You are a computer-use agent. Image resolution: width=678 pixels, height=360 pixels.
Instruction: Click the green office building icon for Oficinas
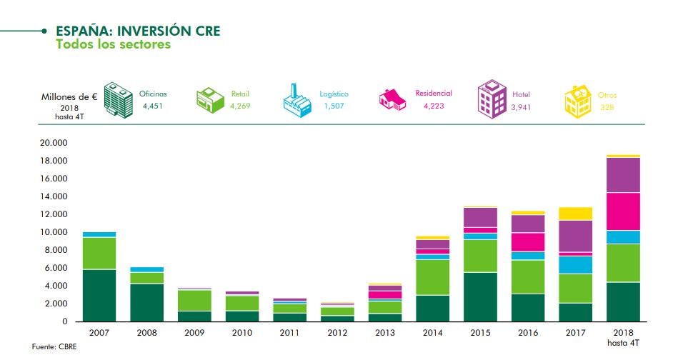[x=118, y=99]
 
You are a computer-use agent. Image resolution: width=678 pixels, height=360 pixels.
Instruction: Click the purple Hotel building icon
[x=491, y=99]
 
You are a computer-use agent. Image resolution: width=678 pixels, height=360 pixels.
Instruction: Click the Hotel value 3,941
[x=522, y=107]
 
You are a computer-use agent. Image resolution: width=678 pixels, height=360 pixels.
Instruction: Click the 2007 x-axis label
[x=99, y=333]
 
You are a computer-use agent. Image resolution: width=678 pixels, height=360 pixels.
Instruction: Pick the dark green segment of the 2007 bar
[x=99, y=295]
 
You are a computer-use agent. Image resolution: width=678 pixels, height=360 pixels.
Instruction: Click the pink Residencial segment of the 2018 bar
[x=623, y=211]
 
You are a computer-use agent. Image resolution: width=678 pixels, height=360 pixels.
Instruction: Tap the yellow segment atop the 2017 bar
[x=576, y=213]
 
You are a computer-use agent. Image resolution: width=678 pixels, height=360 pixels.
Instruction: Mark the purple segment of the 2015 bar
[x=481, y=217]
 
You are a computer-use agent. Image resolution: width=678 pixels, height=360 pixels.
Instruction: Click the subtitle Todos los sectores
[x=113, y=44]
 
